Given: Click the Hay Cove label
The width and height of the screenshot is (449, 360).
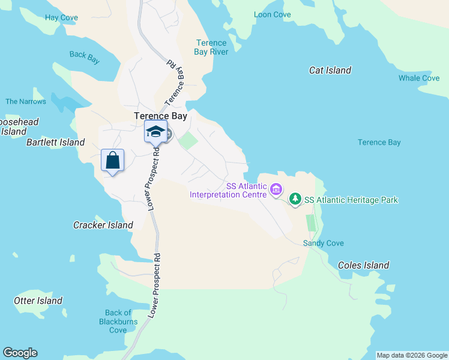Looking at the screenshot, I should click(61, 18).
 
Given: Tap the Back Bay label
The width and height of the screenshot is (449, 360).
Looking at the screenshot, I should click(85, 55).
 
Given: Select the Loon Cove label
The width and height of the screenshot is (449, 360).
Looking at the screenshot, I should click(272, 14).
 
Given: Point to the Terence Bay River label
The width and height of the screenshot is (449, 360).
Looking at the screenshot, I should click(211, 47).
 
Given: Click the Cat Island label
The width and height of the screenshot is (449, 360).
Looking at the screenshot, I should click(330, 70).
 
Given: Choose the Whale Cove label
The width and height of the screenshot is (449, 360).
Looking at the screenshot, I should click(419, 78).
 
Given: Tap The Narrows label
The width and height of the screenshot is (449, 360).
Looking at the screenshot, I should click(26, 101).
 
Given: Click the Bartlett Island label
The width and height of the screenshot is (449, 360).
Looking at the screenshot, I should click(56, 142).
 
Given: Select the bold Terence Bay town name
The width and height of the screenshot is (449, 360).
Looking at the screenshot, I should click(160, 116).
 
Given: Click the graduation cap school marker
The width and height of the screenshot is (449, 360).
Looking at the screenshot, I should click(155, 131).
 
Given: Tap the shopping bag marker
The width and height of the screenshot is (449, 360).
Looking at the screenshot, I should click(112, 160).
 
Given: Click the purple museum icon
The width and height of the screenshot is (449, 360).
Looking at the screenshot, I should click(276, 190).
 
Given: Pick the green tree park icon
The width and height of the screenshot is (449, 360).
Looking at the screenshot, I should click(295, 199).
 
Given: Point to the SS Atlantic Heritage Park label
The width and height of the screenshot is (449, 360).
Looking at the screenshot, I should click(351, 200).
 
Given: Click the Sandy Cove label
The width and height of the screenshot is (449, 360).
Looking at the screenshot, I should click(323, 243).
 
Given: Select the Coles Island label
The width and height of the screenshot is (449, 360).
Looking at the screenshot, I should click(363, 265).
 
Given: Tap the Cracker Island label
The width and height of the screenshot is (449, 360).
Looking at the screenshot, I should click(103, 225).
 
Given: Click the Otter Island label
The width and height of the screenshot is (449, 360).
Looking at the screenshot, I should click(38, 301).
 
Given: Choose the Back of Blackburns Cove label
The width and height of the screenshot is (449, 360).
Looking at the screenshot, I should click(118, 321).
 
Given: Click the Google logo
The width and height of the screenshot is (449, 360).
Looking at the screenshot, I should click(20, 353).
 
